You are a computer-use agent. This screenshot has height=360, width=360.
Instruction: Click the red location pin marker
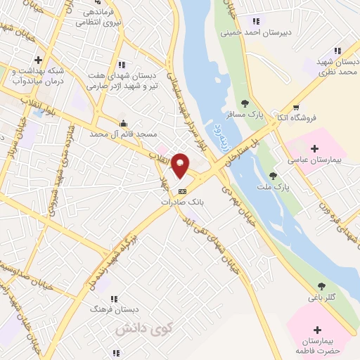[181, 165]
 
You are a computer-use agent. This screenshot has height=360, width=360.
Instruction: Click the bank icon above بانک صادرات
[182, 191]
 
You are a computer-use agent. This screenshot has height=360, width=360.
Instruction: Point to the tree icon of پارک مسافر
[245, 103]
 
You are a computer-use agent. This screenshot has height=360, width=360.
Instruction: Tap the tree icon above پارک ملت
[273, 174]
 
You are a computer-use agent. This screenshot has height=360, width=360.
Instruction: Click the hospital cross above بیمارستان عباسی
[314, 148]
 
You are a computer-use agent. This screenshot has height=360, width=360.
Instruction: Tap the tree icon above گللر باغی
[322, 285]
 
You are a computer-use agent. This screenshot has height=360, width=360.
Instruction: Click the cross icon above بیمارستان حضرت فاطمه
[318, 330]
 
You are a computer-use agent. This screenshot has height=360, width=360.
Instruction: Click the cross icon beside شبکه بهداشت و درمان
[38, 60]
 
